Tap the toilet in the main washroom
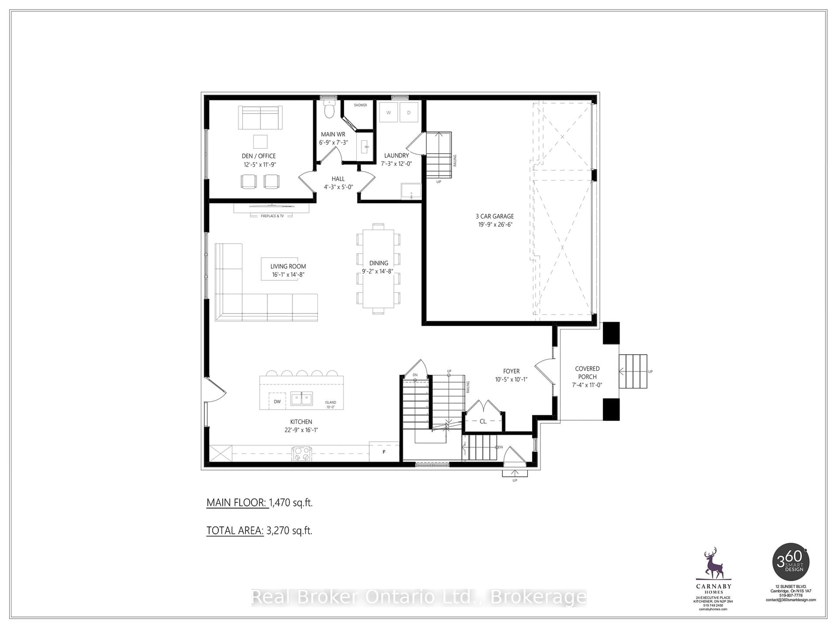click(x=330, y=111)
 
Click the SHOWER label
click(x=360, y=105)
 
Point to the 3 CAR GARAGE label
click(x=495, y=216)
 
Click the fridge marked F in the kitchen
click(x=384, y=452)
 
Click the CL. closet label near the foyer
click(x=483, y=421)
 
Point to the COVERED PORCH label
click(x=587, y=372)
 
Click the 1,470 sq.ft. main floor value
click(x=291, y=503)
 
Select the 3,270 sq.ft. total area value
click(x=289, y=531)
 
